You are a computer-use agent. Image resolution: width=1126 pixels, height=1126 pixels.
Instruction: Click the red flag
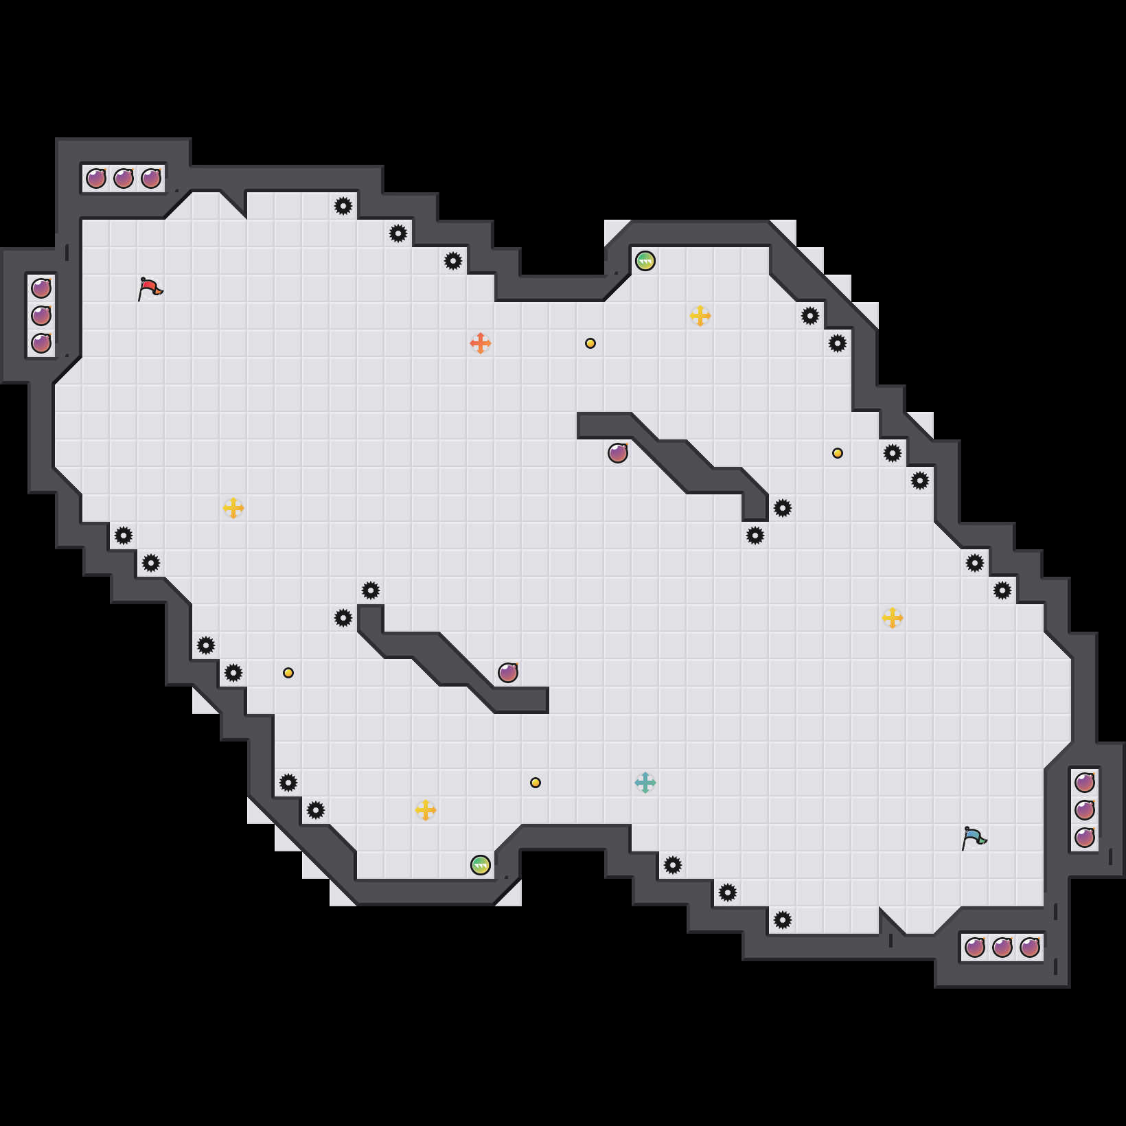150,289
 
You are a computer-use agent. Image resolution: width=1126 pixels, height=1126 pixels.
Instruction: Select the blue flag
974,838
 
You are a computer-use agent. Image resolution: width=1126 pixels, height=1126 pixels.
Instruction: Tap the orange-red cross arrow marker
481,343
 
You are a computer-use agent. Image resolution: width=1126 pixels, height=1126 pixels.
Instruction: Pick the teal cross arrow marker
645,782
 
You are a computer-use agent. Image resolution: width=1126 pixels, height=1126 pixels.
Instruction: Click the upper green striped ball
645,261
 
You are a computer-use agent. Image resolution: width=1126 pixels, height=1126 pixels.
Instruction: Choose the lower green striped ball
481,865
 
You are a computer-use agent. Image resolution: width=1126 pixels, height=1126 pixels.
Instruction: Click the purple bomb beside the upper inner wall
618,453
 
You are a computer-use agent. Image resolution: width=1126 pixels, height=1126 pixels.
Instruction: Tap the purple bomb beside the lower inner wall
508,673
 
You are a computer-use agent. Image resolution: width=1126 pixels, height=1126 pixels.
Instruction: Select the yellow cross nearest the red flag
233,508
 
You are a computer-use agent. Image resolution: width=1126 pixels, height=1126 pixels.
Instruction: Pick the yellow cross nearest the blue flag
893,618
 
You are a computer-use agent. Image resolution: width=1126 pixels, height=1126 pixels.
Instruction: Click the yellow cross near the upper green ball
700,316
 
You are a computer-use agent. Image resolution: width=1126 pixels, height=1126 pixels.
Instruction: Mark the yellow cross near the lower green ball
426,810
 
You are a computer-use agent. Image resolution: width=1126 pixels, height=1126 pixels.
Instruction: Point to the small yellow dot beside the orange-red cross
590,343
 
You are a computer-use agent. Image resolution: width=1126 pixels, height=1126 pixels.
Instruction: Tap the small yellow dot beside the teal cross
536,783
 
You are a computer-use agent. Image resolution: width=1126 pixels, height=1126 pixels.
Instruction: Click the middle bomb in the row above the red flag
124,179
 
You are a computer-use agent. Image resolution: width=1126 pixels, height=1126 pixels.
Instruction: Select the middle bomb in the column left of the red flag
41,316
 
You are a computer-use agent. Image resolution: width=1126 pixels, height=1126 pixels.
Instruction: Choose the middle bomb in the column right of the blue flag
1085,810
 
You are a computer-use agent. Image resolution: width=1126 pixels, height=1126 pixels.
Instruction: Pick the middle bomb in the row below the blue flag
1002,947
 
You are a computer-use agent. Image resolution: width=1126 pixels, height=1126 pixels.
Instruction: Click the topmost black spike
343,206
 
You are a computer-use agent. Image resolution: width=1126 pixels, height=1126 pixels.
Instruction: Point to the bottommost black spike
783,920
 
